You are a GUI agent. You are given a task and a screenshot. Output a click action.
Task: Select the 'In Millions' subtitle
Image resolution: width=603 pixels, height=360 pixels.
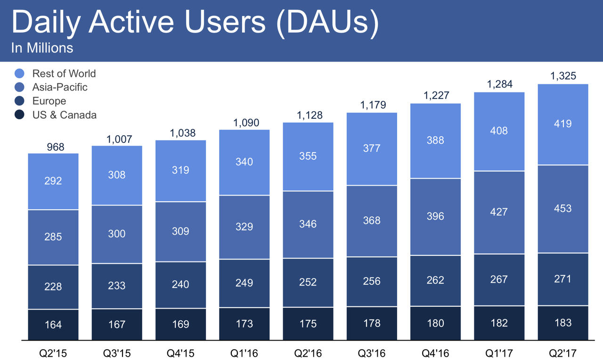(x=42, y=48)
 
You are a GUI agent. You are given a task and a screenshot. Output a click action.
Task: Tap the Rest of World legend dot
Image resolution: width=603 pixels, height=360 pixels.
(x=19, y=74)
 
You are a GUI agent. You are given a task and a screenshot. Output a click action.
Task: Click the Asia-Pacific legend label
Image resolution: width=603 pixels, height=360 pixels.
(x=60, y=87)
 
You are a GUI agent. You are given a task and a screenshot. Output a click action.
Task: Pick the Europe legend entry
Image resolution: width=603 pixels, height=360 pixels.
(x=49, y=101)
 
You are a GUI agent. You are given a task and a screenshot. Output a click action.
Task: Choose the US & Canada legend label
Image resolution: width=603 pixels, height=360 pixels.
(x=64, y=115)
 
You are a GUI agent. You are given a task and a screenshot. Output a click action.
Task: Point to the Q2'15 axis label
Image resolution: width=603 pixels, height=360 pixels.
(x=53, y=353)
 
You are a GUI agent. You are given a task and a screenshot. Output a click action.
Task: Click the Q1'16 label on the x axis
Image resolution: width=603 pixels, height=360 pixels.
(x=244, y=353)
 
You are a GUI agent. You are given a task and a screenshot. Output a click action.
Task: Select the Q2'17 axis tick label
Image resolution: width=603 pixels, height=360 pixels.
(x=563, y=353)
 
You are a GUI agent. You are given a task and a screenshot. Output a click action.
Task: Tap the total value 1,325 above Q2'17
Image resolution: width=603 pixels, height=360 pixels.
(x=563, y=76)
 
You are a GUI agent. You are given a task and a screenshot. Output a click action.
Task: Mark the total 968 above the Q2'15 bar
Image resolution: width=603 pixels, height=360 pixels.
(x=53, y=147)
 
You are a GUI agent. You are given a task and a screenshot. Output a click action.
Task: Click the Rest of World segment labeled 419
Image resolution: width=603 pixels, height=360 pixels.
(x=563, y=124)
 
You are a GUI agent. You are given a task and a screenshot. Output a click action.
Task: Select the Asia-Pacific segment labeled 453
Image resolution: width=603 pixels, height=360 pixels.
(x=563, y=208)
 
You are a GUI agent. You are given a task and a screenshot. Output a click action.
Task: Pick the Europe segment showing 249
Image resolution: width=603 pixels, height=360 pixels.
(x=244, y=283)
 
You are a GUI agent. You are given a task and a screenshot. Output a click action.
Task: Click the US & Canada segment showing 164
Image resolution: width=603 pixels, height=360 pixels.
(x=53, y=324)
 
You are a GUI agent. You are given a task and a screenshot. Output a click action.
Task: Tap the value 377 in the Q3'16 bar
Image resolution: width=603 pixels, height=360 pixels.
(x=372, y=148)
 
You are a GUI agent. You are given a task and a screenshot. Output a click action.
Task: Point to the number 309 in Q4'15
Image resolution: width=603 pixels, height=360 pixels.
(x=180, y=231)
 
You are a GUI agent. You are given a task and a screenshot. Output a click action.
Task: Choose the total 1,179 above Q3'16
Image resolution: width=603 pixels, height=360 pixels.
(x=372, y=105)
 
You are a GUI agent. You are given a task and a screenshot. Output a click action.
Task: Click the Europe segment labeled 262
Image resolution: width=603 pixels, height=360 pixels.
(x=435, y=280)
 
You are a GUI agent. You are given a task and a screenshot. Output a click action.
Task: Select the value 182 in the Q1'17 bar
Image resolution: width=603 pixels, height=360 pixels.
(x=499, y=323)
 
